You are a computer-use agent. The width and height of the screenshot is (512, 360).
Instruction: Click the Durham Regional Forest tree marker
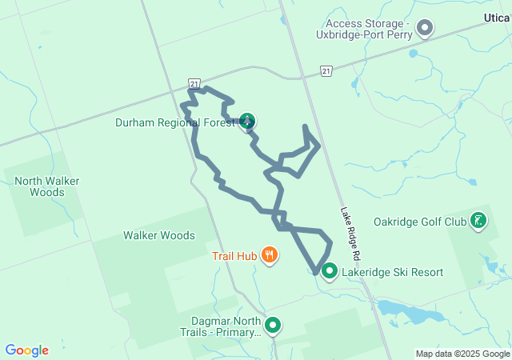tap(248, 122)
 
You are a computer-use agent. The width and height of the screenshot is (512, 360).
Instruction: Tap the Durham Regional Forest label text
tap(175, 122)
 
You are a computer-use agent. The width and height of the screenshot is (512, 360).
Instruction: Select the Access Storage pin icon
tap(426, 29)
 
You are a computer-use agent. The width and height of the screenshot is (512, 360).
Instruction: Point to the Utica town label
tap(497, 17)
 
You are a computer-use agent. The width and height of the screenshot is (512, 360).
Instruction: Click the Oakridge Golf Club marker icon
tap(478, 221)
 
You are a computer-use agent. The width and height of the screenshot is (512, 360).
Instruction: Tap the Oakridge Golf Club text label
tap(419, 222)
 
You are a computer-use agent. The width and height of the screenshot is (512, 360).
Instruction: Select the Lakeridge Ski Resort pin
tap(329, 272)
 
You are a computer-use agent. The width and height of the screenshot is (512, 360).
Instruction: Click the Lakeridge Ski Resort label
tap(392, 272)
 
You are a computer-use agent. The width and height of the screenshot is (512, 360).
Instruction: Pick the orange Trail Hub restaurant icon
tap(270, 256)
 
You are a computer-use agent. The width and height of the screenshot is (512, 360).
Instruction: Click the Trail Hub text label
tap(234, 257)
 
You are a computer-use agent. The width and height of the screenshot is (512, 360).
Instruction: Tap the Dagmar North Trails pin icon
tap(273, 326)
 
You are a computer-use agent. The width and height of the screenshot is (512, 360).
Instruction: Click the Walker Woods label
tap(158, 236)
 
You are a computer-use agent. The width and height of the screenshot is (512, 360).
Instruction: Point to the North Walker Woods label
tap(46, 186)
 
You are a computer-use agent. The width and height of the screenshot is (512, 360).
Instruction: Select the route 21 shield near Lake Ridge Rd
tap(326, 72)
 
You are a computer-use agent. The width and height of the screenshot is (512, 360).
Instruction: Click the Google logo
tap(26, 350)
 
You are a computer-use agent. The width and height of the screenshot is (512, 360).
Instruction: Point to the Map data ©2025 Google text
tap(462, 354)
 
